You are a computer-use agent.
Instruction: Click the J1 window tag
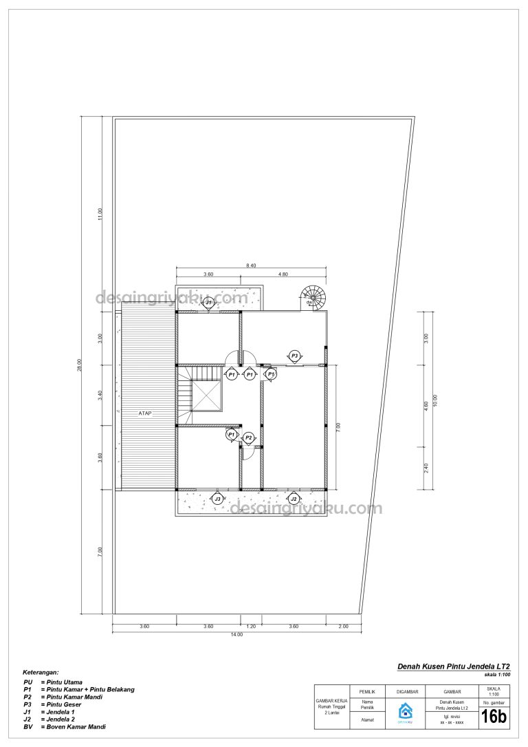click(x=209, y=302)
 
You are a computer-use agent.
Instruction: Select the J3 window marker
click(x=217, y=499)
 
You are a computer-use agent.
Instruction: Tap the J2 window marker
click(x=294, y=499)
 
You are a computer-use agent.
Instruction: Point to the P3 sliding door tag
click(x=294, y=356)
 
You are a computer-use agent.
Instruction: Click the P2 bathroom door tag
click(x=249, y=437)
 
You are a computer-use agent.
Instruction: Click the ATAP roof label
click(x=144, y=413)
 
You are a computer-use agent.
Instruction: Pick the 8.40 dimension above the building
click(x=252, y=265)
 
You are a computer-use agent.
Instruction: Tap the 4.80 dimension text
click(x=283, y=274)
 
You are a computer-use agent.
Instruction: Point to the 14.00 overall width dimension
click(x=236, y=634)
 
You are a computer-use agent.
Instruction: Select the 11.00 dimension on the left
click(x=100, y=214)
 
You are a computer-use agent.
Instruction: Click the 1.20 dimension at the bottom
click(x=251, y=626)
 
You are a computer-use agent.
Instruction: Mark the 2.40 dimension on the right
click(x=426, y=468)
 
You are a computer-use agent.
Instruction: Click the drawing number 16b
click(x=493, y=717)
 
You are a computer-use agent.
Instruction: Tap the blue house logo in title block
click(x=405, y=712)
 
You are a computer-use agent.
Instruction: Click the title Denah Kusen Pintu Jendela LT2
click(x=454, y=667)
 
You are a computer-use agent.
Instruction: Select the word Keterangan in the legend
click(x=41, y=671)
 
